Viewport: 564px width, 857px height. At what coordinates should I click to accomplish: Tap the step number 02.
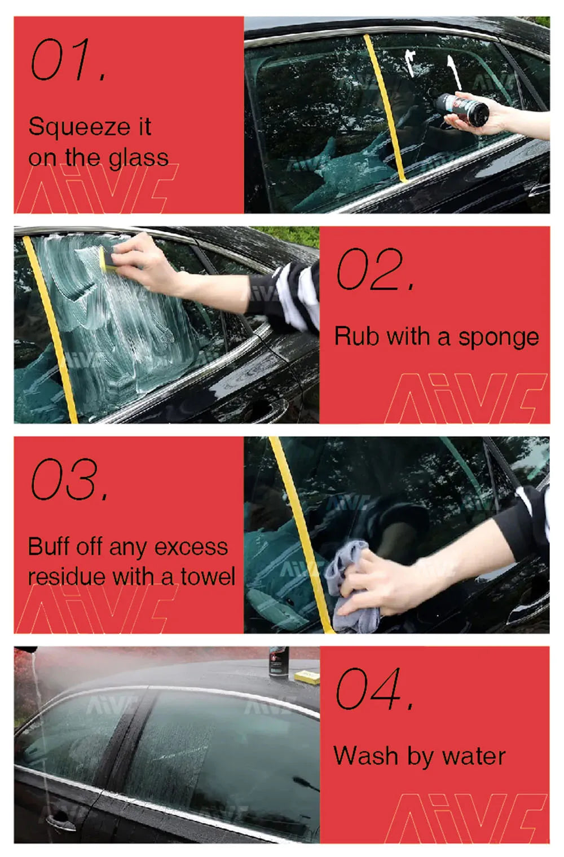click(376, 269)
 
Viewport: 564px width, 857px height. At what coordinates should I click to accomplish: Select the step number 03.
click(69, 479)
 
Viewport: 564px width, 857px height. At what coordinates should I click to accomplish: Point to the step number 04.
click(375, 688)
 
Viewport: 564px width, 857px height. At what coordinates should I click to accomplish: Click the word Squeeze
click(79, 127)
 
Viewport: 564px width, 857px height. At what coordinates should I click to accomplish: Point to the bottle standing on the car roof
click(279, 662)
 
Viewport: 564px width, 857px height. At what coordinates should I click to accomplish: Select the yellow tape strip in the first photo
click(385, 107)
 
